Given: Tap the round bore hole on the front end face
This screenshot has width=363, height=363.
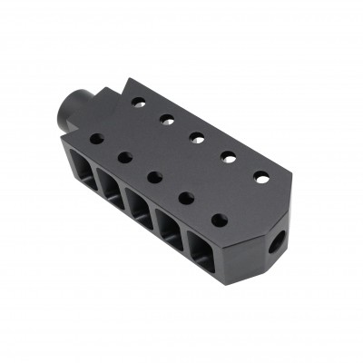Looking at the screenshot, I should (x=280, y=237).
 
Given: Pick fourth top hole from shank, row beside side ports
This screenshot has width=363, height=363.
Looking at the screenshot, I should (x=185, y=196).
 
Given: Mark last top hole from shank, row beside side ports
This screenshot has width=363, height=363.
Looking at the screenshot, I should (x=218, y=218).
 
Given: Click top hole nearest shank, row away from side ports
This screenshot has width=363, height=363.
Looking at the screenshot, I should (x=138, y=101).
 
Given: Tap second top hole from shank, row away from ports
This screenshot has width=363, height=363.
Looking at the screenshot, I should (x=166, y=118).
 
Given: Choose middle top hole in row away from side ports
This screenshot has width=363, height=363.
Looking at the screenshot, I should (x=195, y=137).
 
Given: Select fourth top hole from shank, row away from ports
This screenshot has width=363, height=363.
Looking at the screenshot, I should (x=227, y=157).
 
